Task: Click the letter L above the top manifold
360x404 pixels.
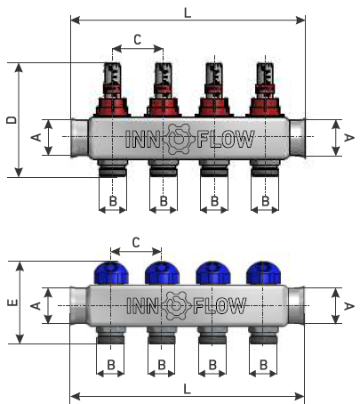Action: (x=188, y=13)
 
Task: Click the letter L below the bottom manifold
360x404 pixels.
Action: (x=187, y=389)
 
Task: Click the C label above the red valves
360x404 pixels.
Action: (x=138, y=39)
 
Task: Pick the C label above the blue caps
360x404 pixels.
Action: (x=136, y=243)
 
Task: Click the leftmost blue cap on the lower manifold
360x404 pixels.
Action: (x=111, y=273)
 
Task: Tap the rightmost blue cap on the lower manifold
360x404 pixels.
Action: (x=263, y=273)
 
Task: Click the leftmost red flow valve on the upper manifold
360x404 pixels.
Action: (x=112, y=90)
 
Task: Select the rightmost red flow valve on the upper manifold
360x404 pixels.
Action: (x=265, y=90)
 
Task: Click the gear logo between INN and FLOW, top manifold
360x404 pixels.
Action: (x=178, y=139)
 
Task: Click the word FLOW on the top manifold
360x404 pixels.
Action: (x=226, y=139)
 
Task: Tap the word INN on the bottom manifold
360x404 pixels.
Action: (x=142, y=306)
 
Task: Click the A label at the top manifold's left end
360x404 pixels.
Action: (x=36, y=137)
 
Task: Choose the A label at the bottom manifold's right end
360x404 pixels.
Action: (x=349, y=306)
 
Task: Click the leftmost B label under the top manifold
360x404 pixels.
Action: (x=113, y=201)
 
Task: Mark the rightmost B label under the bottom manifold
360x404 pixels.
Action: (x=263, y=365)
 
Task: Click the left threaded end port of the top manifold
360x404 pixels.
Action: (x=80, y=137)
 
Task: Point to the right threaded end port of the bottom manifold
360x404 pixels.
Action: (x=296, y=305)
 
